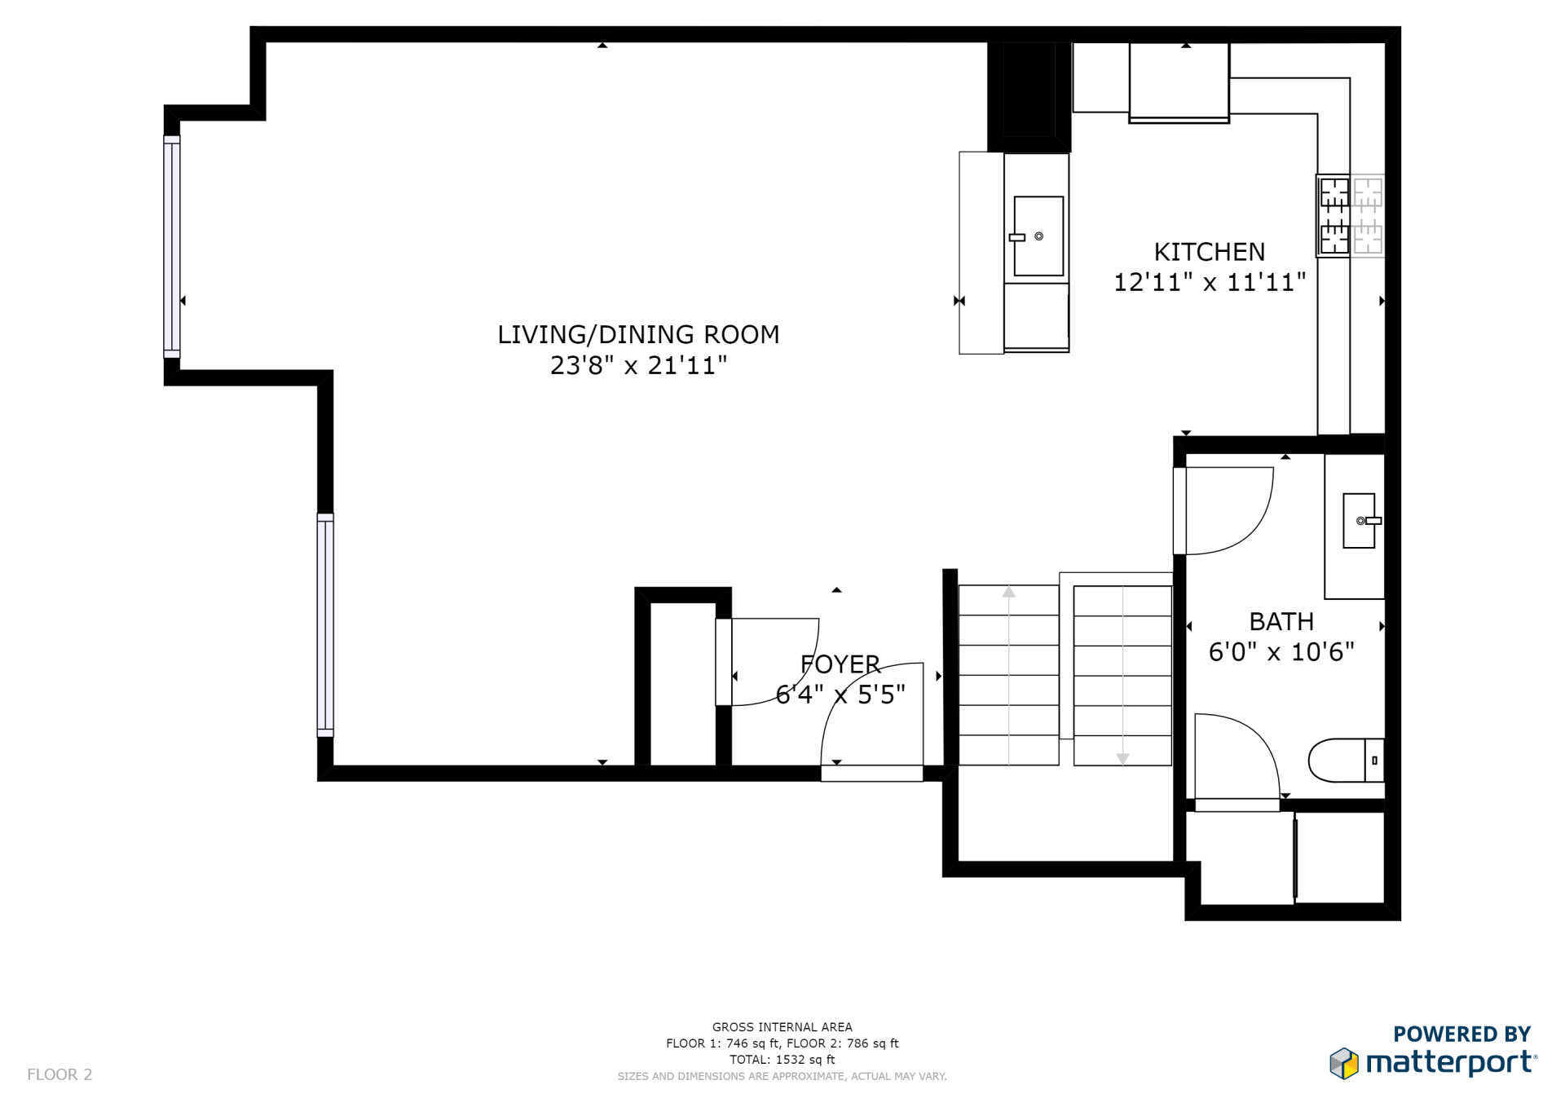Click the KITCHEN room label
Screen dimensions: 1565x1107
(x=1210, y=252)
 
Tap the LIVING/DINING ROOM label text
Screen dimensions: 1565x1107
(x=638, y=334)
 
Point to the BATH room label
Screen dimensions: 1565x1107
(x=1281, y=622)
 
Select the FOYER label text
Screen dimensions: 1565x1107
(x=840, y=664)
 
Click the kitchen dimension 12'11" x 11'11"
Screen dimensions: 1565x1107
(x=1210, y=282)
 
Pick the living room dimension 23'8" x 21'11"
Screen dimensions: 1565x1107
(x=638, y=365)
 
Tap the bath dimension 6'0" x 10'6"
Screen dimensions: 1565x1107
(x=1281, y=652)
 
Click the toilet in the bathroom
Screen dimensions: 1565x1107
(x=1346, y=761)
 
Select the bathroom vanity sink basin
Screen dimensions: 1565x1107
(x=1359, y=520)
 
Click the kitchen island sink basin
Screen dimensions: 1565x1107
(x=1038, y=236)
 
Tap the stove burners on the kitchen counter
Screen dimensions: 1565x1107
(x=1334, y=216)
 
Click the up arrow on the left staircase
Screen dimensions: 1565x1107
(x=1009, y=592)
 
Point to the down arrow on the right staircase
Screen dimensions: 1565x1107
(x=1122, y=759)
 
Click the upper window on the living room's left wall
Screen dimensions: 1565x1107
(x=172, y=247)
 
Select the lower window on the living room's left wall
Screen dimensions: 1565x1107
(x=325, y=625)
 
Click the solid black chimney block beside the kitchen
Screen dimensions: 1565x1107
(x=1029, y=96)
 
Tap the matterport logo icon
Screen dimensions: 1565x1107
(x=1344, y=1064)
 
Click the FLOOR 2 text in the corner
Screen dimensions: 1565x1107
(x=60, y=1074)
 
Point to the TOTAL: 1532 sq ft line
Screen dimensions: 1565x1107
(x=782, y=1060)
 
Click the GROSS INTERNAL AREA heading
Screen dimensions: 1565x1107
(x=782, y=1027)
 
